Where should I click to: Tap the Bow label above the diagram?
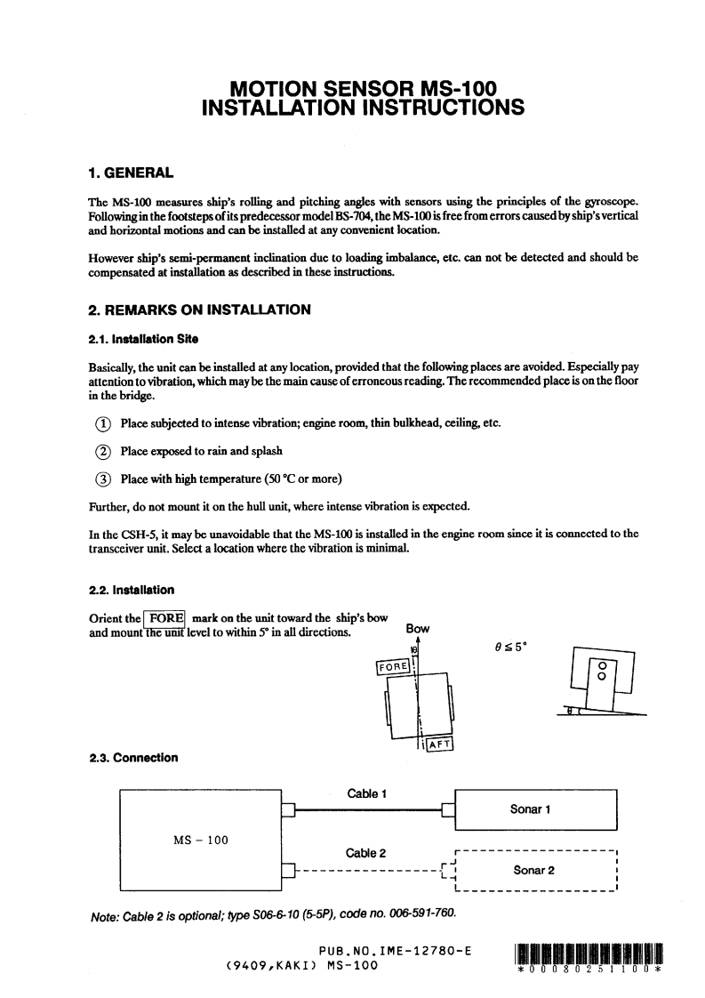pyautogui.click(x=417, y=629)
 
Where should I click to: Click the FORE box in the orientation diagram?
pyautogui.click(x=393, y=666)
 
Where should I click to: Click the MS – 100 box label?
pyautogui.click(x=200, y=840)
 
